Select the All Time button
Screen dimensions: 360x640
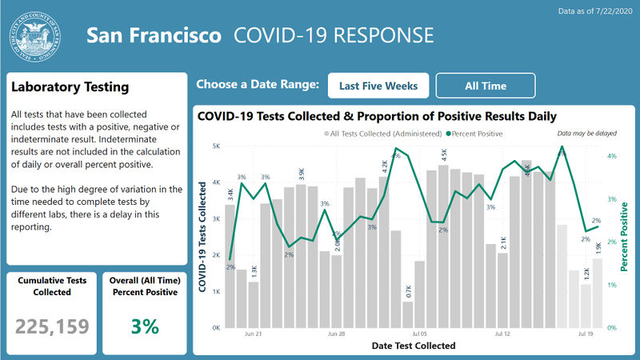(486, 85)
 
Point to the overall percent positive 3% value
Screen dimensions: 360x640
(145, 326)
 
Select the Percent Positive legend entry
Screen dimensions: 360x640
(475, 134)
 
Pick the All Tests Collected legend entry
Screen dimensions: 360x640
(383, 134)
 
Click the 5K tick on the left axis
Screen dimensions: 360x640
(215, 146)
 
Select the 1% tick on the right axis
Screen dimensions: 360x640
(611, 285)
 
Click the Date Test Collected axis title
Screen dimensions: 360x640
(414, 346)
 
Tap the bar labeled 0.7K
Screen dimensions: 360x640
(408, 314)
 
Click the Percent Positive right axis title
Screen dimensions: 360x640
(623, 236)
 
